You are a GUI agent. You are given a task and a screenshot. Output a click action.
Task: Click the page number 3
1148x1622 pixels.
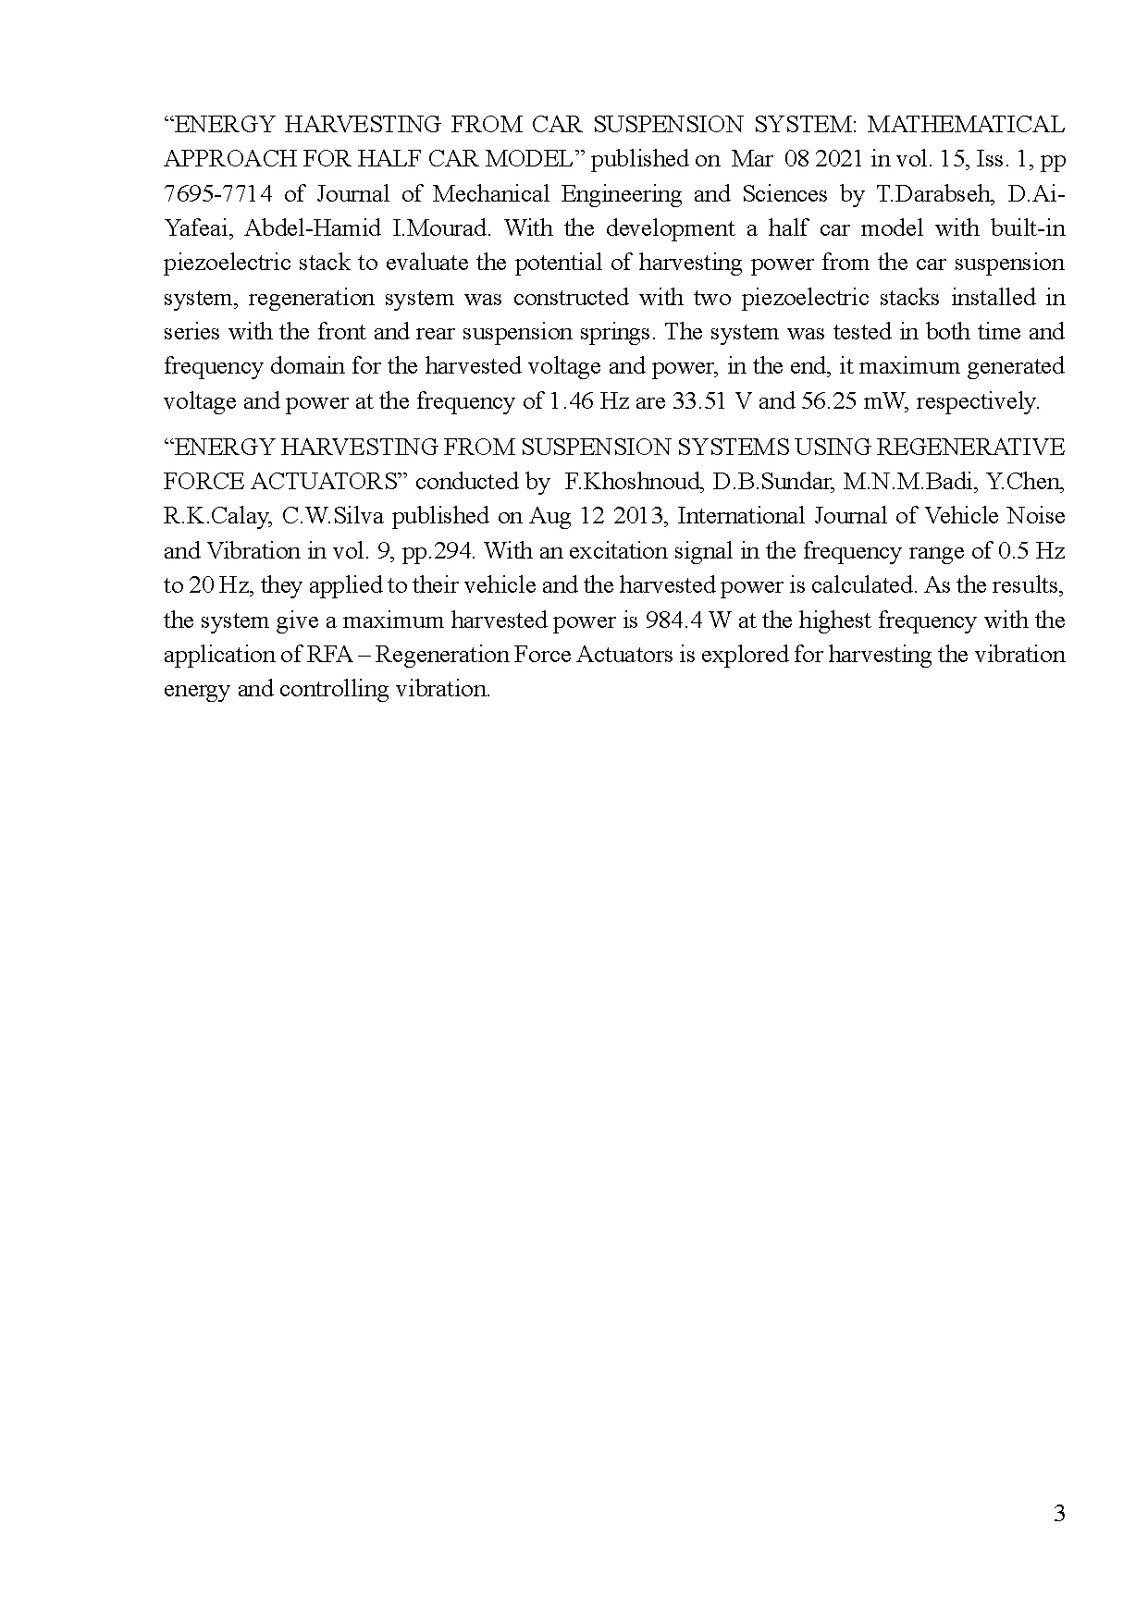click(x=1059, y=1514)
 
